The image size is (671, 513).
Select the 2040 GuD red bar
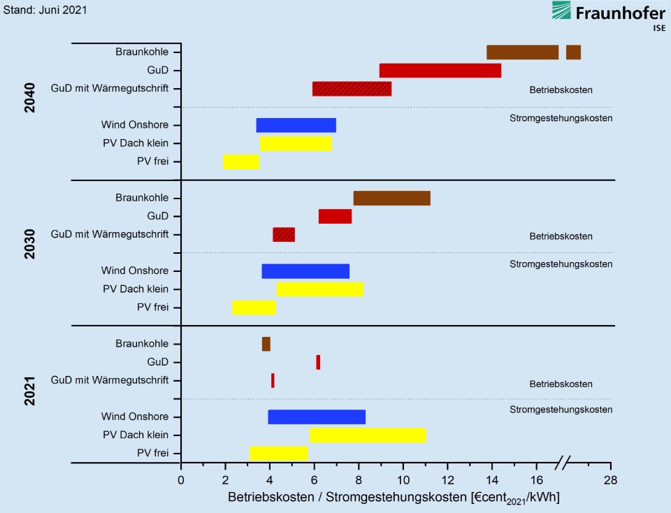[x=440, y=71]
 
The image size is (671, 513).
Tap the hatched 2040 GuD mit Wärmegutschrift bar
[x=352, y=89]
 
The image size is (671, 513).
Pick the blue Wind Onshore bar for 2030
[x=305, y=271]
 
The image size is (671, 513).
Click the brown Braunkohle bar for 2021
[x=266, y=344]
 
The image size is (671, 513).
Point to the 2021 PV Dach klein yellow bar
[x=368, y=435]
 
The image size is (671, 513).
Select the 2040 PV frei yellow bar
[x=241, y=162]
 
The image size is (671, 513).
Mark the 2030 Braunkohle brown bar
[x=391, y=198]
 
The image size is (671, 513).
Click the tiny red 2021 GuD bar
[x=318, y=362]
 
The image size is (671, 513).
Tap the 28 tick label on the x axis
[x=611, y=479]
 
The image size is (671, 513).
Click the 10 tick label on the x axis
[x=403, y=479]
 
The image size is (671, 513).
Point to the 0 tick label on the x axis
[x=180, y=479]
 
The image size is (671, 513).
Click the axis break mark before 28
[x=564, y=462]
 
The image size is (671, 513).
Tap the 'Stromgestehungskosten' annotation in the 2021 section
[x=561, y=410]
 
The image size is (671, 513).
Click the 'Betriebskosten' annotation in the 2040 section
[x=561, y=90]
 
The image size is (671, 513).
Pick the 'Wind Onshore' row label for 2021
[x=134, y=417]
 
